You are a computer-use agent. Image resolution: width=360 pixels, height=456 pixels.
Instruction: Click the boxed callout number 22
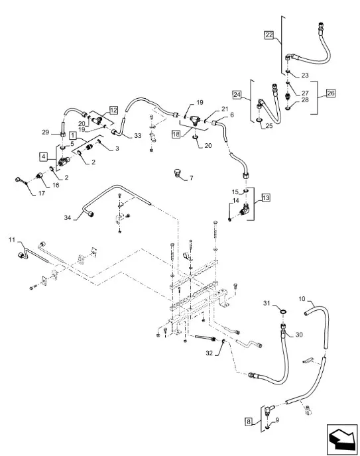pos(269,35)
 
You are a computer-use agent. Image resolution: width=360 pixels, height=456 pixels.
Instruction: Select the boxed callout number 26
pos(331,93)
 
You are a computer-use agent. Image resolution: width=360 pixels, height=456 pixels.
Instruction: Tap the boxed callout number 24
pos(237,95)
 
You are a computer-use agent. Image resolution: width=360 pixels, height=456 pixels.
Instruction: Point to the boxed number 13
pos(266,198)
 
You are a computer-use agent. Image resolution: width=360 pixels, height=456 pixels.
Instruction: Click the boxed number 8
pos(249,422)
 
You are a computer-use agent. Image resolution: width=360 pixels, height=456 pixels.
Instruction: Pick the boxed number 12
pos(113,110)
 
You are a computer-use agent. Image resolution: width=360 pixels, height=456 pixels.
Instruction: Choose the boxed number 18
pos(176,135)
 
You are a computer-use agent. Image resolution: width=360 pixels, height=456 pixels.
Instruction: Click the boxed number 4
pos(43,156)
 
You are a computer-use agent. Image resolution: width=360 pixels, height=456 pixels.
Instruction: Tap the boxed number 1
pos(73,135)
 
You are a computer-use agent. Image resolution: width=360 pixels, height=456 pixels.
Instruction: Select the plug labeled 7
pos(176,172)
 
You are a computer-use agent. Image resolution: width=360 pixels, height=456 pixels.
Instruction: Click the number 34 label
pos(68,217)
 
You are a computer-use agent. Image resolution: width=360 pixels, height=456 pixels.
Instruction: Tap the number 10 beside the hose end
pos(302,299)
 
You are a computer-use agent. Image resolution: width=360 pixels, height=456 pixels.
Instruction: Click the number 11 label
pos(12,240)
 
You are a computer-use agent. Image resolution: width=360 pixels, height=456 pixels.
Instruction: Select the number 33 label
pos(137,135)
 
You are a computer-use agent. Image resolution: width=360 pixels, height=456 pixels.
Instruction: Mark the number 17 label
pos(42,193)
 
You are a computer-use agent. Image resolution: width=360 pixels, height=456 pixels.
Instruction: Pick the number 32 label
pos(210,353)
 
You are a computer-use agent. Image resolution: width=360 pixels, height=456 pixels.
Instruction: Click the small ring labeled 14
pos(230,219)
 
